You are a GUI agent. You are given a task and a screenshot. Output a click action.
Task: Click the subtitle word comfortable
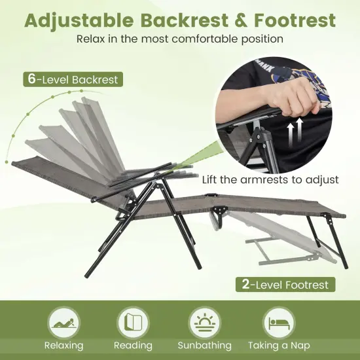(x=218, y=39)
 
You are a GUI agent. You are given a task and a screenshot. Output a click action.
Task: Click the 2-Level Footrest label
(x=286, y=285)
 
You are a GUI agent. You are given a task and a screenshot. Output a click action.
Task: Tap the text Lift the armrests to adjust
(x=270, y=179)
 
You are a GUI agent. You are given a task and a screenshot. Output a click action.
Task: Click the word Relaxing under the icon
(x=63, y=346)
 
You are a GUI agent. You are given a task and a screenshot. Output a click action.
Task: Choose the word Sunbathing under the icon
(x=204, y=346)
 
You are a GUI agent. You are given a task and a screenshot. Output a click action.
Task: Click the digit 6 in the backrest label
(x=31, y=79)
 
